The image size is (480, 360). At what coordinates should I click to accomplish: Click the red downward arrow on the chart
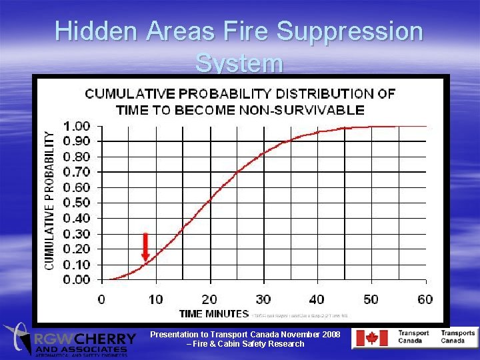145,247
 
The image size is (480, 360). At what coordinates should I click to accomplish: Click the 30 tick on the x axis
263,299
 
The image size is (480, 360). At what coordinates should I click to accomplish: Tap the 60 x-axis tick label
425,299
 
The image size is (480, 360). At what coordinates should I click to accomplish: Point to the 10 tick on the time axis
155,299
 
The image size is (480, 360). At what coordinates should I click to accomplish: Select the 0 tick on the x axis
101,299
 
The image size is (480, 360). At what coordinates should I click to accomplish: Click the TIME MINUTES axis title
214,313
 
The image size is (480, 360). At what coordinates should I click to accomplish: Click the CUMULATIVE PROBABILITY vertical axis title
50,199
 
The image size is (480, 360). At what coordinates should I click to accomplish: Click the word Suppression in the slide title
349,31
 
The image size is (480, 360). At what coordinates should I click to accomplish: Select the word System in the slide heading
239,64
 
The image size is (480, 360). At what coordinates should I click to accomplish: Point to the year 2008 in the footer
331,334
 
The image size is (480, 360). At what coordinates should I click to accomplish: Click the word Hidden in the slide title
97,31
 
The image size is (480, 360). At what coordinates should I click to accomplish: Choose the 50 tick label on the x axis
371,299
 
